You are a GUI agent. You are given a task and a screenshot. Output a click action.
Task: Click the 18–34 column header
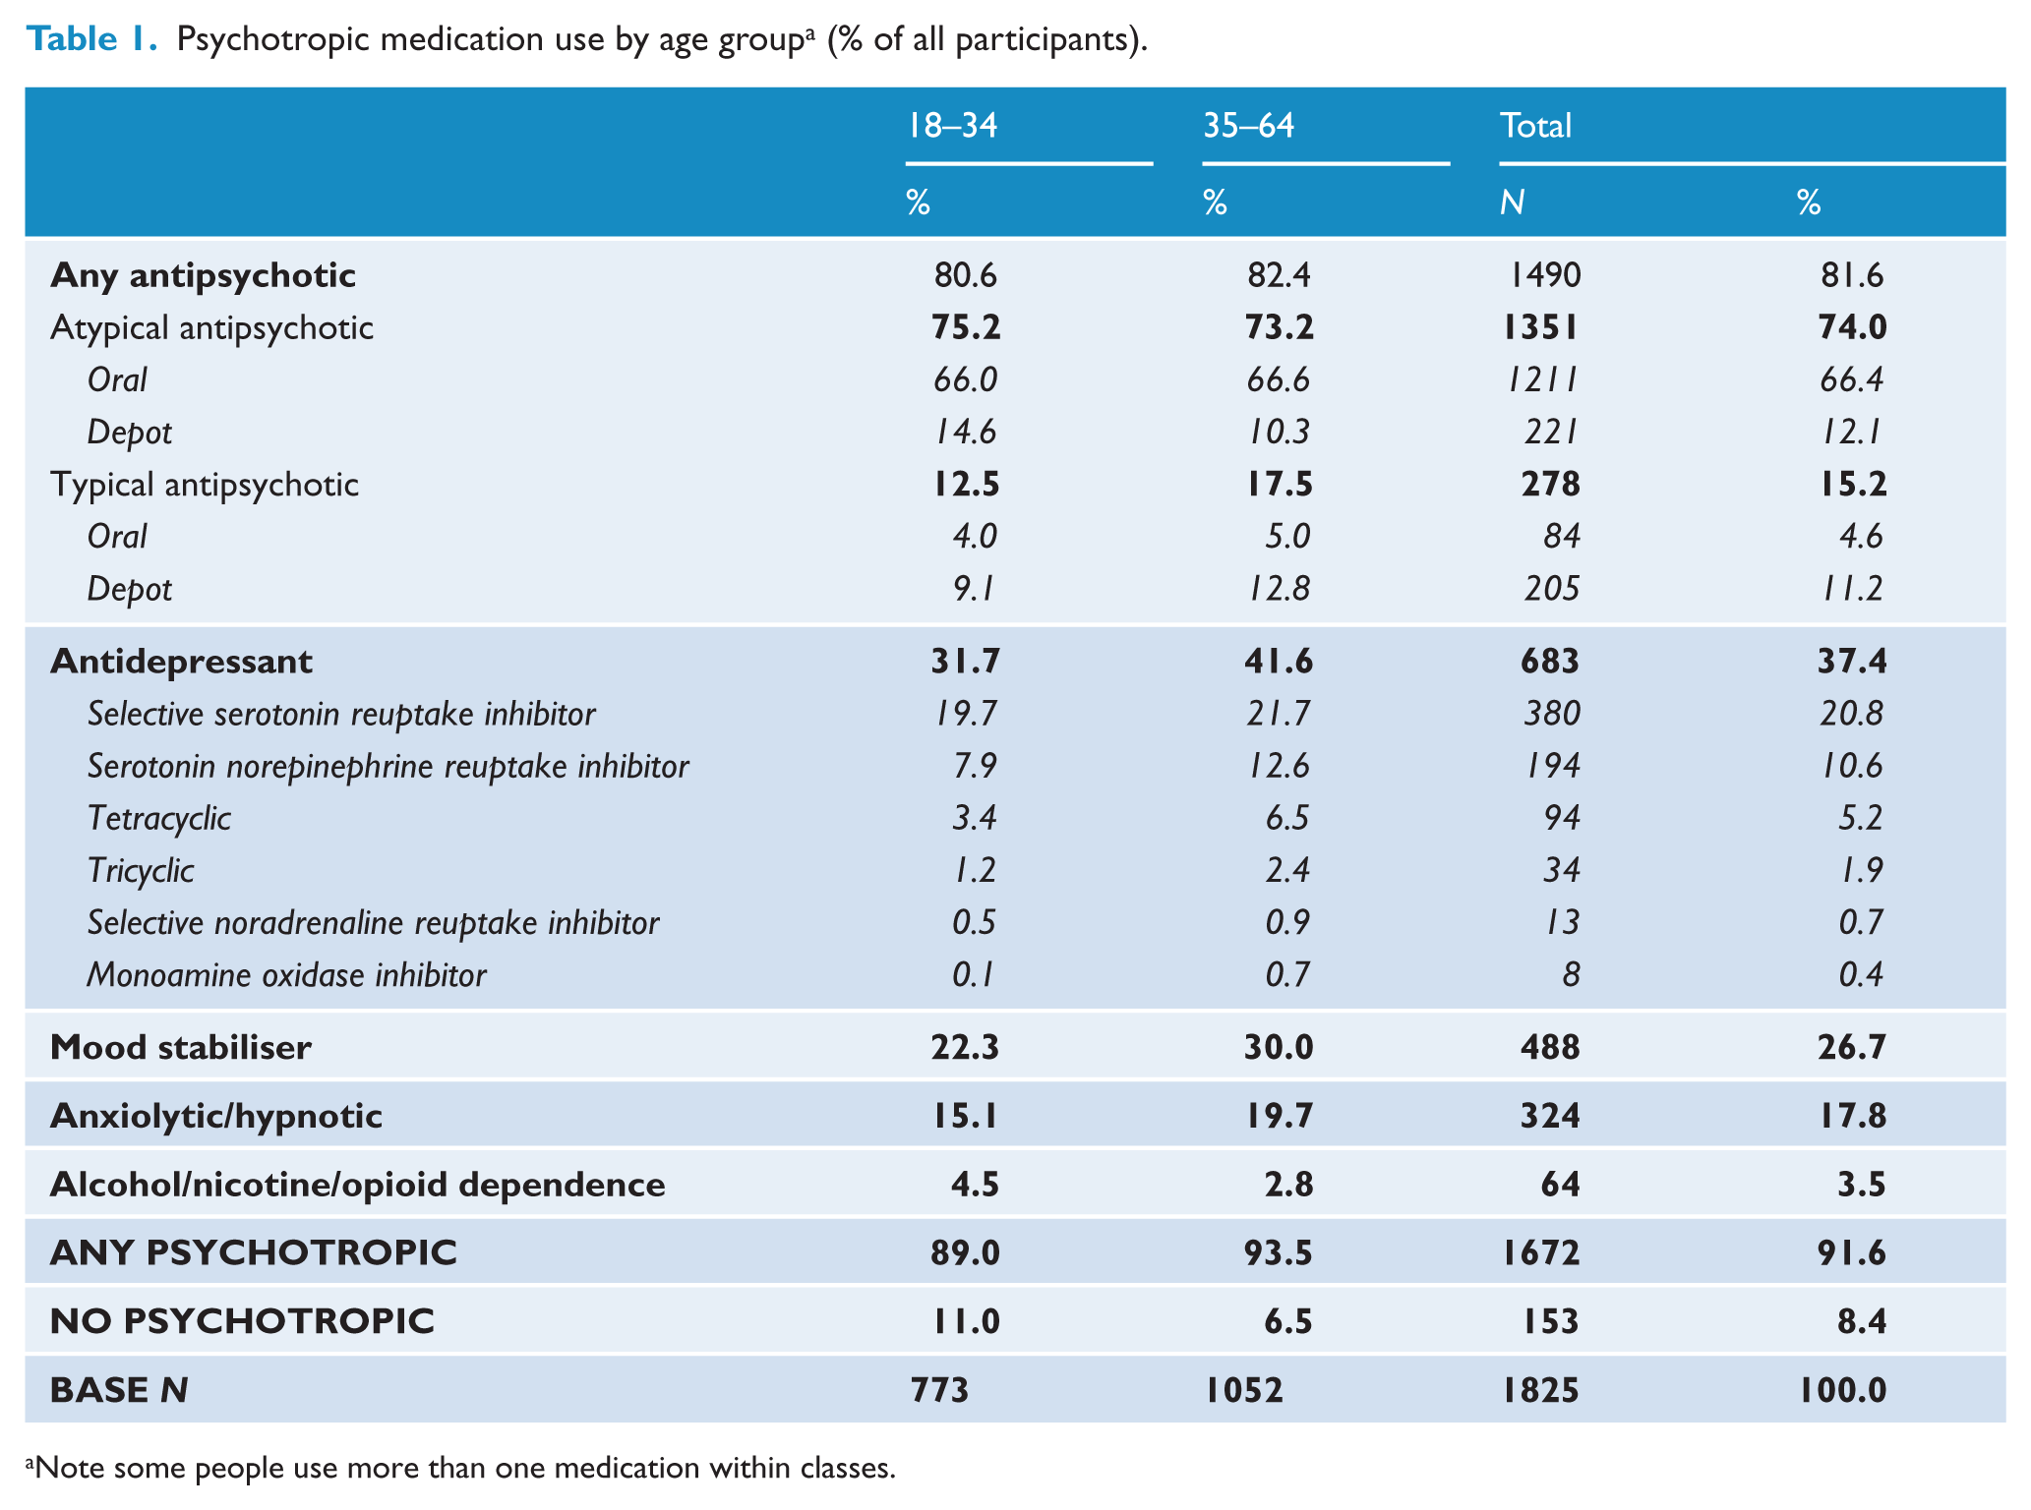coord(952,126)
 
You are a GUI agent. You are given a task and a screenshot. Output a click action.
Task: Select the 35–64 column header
coord(1249,126)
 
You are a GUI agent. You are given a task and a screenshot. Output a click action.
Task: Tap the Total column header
coord(1535,126)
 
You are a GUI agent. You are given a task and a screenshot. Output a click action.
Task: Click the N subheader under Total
coord(1512,203)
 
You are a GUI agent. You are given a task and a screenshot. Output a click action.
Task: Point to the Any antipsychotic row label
coord(203,276)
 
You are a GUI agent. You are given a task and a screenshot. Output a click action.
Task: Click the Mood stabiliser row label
coord(181,1048)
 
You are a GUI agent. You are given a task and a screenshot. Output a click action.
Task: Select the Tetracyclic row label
coord(159,819)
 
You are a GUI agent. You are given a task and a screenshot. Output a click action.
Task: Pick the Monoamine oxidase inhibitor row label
coord(286,975)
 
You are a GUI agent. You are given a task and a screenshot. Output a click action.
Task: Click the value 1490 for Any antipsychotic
coord(1544,275)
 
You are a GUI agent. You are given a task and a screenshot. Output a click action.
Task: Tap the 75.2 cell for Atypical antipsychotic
coord(966,327)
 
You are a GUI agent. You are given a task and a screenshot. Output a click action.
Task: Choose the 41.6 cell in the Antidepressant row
coord(1279,662)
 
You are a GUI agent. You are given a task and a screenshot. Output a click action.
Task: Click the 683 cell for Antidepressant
coord(1550,662)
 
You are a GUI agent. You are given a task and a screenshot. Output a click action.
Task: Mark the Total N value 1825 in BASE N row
coord(1541,1391)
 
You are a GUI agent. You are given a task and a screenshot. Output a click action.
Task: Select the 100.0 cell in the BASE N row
coord(1843,1391)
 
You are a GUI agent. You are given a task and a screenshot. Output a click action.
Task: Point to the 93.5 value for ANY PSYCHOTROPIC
coord(1279,1253)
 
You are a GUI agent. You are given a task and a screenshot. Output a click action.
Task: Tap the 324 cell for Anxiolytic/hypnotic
coord(1550,1117)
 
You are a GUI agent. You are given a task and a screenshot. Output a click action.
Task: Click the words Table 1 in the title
coord(91,39)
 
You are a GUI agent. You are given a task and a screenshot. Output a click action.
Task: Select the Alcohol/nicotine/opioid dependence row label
coord(357,1186)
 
